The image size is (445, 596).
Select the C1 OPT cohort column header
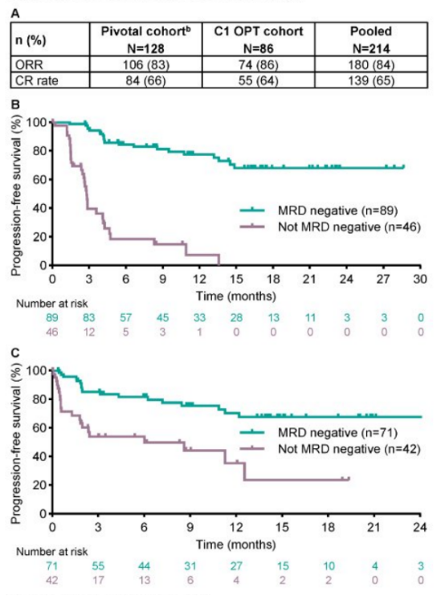coord(262,36)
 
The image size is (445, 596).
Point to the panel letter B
coord(13,104)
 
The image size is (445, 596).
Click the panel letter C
coord(13,353)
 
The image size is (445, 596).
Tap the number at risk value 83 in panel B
coord(89,319)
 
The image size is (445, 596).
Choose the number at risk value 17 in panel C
coord(97,580)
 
